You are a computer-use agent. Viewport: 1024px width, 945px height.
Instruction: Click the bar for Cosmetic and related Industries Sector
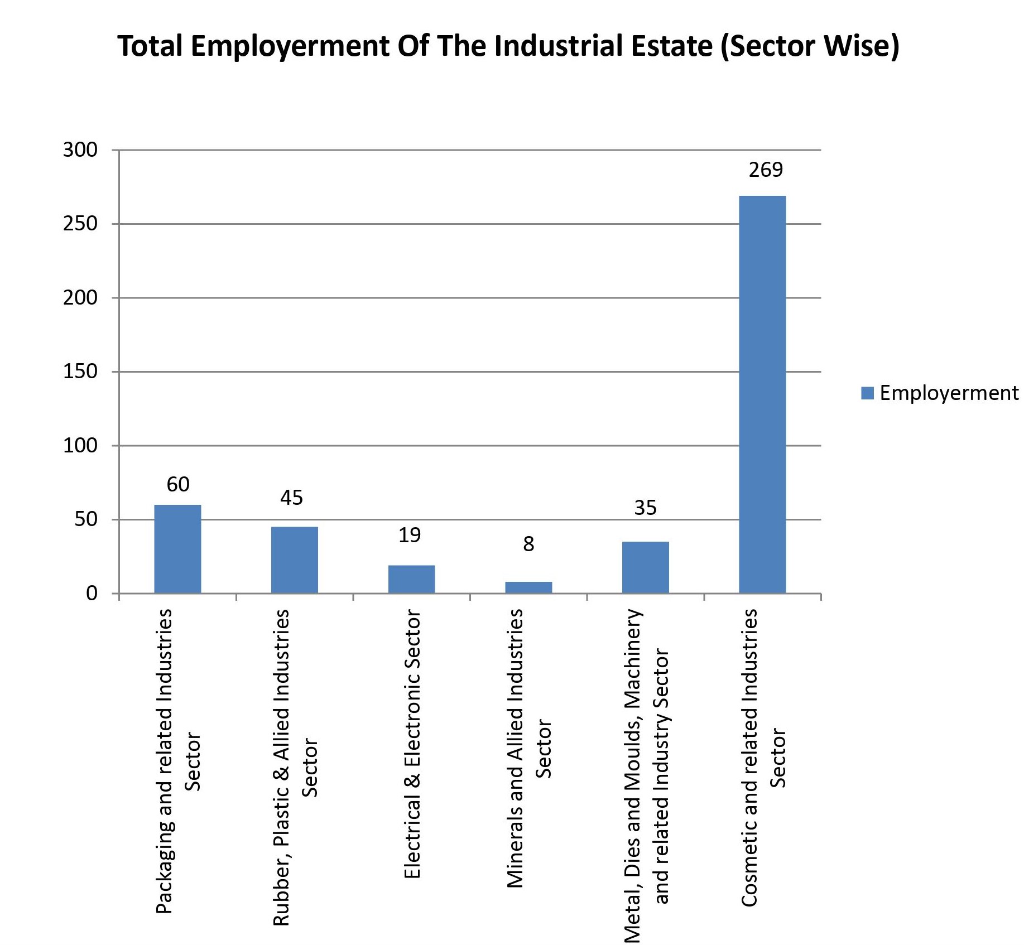(762, 394)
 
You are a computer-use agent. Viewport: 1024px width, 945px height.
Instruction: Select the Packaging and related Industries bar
(177, 549)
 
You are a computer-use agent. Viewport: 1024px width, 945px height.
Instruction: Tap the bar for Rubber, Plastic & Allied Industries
(295, 560)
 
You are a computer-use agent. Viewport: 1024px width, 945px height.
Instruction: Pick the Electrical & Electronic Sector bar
(411, 579)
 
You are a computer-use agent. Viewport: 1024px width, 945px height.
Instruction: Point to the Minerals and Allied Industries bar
(528, 587)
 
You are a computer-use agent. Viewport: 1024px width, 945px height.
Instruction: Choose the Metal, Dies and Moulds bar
(645, 567)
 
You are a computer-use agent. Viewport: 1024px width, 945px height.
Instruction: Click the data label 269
(766, 170)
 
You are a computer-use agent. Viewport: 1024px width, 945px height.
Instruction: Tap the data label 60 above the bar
(178, 484)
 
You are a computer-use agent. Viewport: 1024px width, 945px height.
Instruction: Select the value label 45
(291, 498)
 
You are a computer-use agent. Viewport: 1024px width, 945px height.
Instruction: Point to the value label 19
(409, 536)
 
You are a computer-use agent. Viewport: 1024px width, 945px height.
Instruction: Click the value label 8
(528, 544)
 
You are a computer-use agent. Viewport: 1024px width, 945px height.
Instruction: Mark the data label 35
(645, 508)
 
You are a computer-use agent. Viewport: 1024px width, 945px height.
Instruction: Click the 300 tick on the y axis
(80, 150)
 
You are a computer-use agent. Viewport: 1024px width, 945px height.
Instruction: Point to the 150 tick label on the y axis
(80, 372)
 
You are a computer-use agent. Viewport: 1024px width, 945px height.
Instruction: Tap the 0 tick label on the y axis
(92, 593)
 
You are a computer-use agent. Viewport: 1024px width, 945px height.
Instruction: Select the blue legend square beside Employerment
(867, 393)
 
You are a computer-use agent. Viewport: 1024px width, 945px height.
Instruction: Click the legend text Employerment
(949, 393)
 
